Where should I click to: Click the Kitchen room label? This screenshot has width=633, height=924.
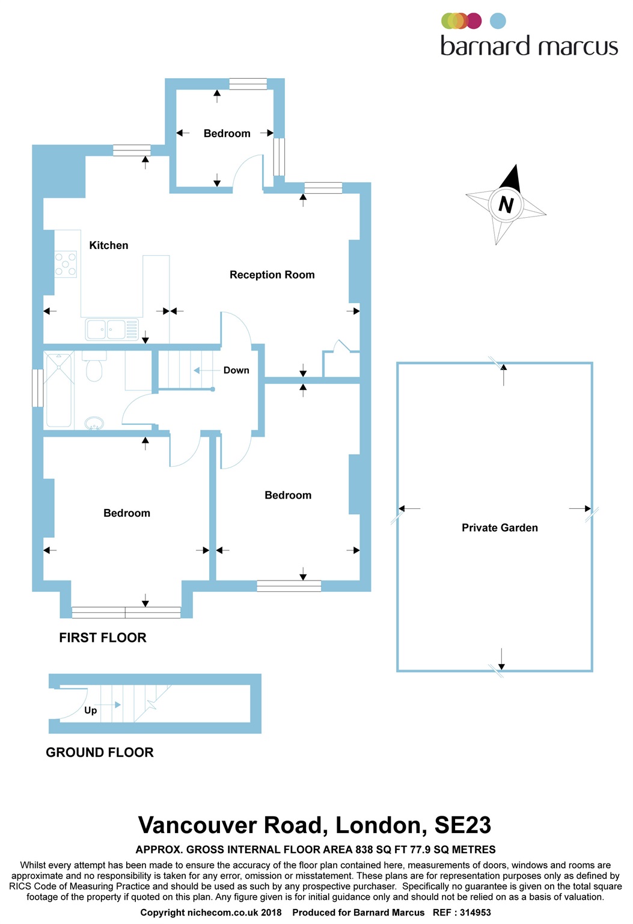109,245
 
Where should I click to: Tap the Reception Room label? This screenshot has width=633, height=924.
272,275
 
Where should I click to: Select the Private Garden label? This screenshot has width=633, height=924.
500,528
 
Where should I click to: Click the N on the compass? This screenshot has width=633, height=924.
506,205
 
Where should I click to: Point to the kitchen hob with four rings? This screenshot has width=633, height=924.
66,264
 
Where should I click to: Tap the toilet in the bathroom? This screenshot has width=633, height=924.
94,368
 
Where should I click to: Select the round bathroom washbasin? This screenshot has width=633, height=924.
94,423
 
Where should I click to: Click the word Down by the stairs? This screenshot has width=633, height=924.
236,371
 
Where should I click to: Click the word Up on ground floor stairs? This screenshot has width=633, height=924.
91,710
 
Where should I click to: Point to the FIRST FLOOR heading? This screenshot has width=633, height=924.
103,638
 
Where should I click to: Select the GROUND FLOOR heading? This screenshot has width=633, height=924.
100,752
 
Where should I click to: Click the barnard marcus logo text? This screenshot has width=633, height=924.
529,46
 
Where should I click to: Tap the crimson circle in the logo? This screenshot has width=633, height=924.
474,21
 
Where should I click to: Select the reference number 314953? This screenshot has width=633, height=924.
475,913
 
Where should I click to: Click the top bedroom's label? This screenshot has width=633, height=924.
227,134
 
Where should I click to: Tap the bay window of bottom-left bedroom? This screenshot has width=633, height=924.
126,613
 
